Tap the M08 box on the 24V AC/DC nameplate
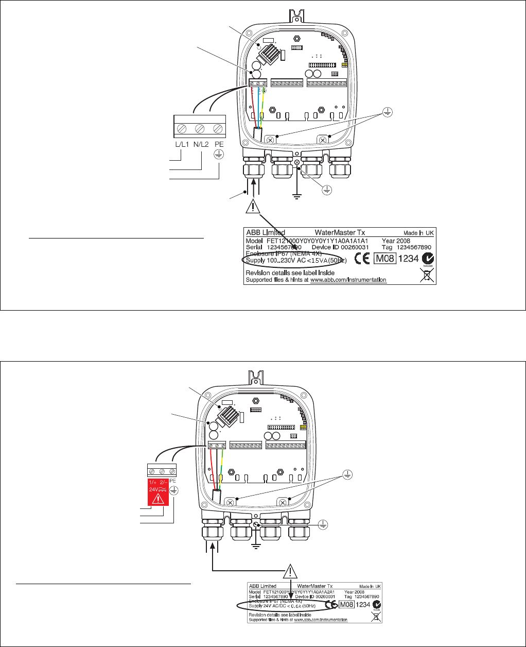[x=347, y=604]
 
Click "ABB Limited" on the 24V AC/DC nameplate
[x=262, y=586]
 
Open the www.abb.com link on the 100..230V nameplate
[x=348, y=280]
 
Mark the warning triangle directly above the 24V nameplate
[x=291, y=571]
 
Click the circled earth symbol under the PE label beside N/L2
[x=219, y=156]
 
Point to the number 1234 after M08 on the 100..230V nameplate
[x=409, y=259]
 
